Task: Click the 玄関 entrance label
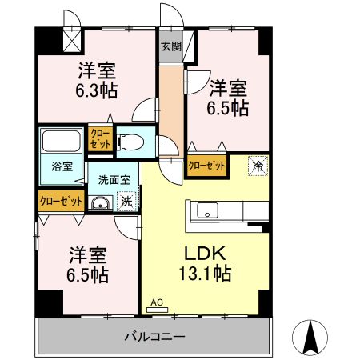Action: [170, 46]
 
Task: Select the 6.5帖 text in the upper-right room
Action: [229, 108]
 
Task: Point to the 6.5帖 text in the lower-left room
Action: [87, 274]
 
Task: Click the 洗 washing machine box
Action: [126, 202]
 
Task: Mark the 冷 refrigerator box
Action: [258, 166]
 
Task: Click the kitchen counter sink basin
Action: [206, 212]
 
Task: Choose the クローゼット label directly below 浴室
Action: [59, 201]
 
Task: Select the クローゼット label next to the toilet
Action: [99, 138]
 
